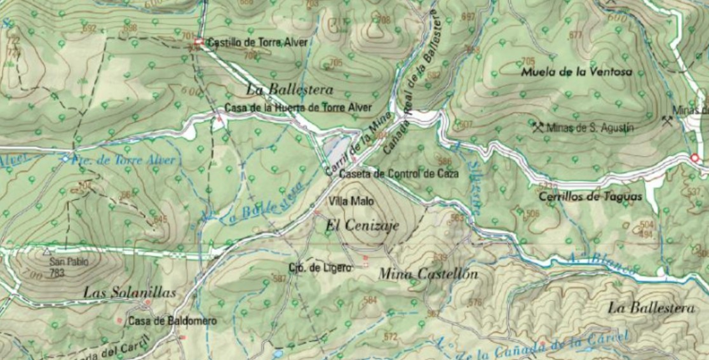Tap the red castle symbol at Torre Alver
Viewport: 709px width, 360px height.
click(x=198, y=43)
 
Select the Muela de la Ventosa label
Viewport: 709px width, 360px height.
click(x=576, y=72)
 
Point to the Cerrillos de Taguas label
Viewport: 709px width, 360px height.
click(x=590, y=197)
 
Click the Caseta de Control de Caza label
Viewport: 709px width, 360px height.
click(x=399, y=174)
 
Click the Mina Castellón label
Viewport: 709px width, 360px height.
click(x=428, y=274)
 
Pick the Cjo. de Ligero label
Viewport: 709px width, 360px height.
click(x=320, y=268)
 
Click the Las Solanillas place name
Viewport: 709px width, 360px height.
click(x=129, y=293)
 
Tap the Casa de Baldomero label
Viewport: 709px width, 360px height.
click(x=172, y=321)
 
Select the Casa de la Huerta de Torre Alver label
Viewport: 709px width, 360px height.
click(x=298, y=108)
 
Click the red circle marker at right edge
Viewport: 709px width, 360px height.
click(x=694, y=157)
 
